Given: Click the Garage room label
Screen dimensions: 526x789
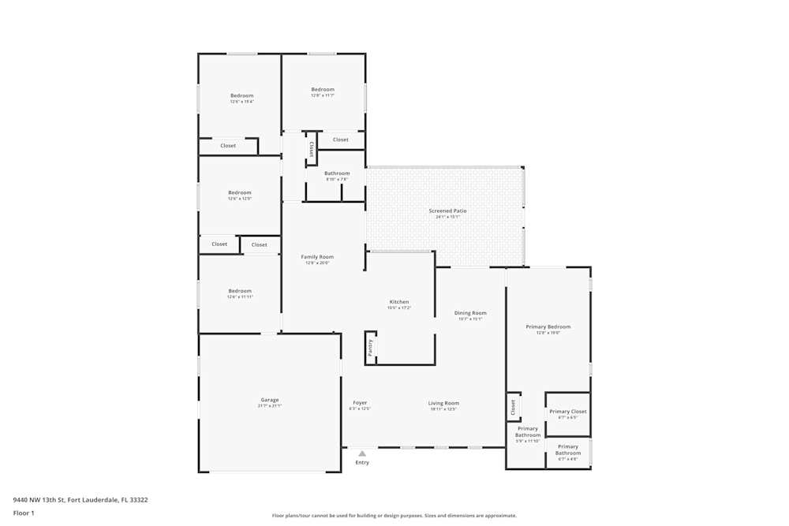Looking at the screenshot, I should pos(269,400).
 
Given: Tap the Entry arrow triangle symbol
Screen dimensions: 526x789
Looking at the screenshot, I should pos(362,453).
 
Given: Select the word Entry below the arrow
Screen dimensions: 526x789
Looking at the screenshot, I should pos(362,462).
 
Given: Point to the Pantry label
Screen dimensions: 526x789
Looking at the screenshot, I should pos(370,347).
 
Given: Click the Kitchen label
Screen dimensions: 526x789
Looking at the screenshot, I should pos(399,302).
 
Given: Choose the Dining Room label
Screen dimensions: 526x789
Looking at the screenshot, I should pos(470,313).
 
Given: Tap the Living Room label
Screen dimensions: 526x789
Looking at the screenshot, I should pos(444,403).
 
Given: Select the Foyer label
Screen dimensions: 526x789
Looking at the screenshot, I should pos(360,403).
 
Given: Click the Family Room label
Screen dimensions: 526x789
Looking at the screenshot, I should pos(317,257).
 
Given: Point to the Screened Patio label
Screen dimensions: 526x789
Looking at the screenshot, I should pos(447,211).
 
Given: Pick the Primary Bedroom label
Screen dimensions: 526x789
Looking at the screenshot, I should pos(548,326).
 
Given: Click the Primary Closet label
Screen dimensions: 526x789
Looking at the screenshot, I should pos(568,412).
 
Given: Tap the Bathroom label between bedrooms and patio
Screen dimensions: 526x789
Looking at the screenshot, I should pos(337,173).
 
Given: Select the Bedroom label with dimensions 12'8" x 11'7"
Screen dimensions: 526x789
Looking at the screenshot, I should pos(323,90).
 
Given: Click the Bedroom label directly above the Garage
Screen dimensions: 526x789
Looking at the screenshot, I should pos(240,291).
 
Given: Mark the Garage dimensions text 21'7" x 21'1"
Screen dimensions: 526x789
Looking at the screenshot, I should pos(269,406).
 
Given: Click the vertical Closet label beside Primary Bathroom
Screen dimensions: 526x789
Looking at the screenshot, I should pos(513,407).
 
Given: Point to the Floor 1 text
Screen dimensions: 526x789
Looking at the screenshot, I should pos(24,513).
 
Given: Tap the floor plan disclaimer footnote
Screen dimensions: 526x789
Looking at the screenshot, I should pos(394,516).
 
